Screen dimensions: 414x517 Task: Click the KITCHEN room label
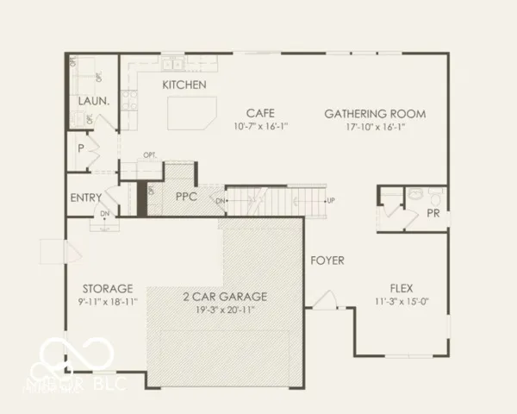point(184,85)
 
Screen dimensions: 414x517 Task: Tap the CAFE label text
point(260,113)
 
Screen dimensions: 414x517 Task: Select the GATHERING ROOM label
point(376,113)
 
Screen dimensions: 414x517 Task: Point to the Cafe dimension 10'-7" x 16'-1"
point(260,126)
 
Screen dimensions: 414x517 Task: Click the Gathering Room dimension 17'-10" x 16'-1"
point(376,126)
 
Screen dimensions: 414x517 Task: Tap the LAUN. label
point(93,101)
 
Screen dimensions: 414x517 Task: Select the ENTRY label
point(85,198)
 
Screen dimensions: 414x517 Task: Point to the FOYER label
point(327,260)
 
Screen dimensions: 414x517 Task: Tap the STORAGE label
point(108,288)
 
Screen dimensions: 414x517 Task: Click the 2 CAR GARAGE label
point(225,296)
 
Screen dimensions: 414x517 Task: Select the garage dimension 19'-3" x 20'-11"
point(225,309)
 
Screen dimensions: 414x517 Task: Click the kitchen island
point(190,112)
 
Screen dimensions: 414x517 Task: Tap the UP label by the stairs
point(331,201)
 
